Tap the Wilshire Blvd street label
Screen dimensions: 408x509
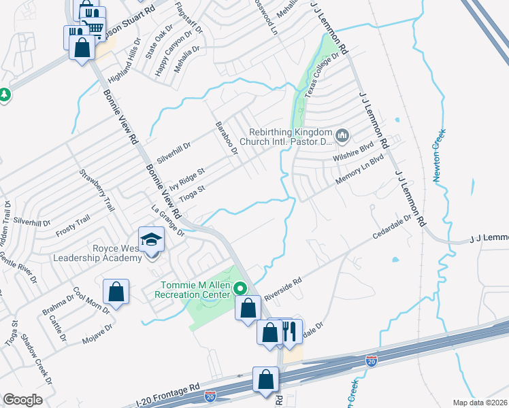coord(354,156)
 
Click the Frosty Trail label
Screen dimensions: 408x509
coord(73,222)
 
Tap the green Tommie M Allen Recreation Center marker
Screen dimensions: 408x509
coord(240,288)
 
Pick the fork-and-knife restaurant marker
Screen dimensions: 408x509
coord(290,332)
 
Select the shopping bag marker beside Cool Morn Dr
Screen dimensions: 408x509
coord(116,292)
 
